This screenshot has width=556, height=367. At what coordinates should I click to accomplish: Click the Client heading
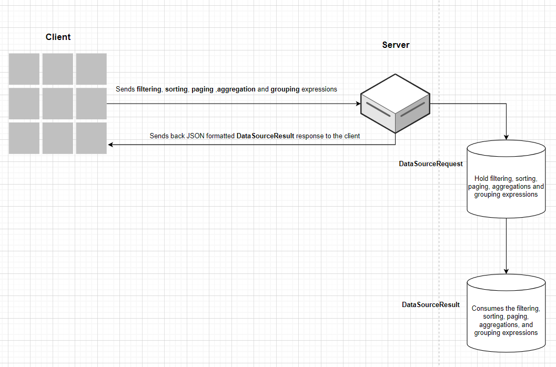(58, 37)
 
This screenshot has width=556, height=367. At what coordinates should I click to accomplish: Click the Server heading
(396, 45)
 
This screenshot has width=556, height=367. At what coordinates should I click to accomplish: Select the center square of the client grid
(58, 103)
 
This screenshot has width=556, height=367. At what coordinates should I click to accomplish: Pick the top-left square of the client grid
(24, 69)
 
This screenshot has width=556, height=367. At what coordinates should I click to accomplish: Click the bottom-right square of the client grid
(92, 138)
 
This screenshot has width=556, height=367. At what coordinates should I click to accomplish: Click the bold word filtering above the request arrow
(148, 89)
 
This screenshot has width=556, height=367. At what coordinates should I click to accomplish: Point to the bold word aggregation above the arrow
(236, 89)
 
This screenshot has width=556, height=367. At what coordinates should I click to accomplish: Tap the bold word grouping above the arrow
(285, 89)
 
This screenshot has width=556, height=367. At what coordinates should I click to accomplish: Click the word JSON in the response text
(195, 136)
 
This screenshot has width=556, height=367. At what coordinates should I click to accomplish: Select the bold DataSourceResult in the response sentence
(265, 136)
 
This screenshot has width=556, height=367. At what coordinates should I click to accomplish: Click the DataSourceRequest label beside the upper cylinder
(431, 164)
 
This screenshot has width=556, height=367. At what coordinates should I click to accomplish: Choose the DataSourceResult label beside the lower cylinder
(431, 305)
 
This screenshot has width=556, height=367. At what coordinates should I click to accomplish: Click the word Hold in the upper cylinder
(481, 179)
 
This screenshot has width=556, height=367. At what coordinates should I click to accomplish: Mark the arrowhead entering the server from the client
(358, 104)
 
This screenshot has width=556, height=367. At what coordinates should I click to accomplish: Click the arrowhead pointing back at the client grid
(110, 144)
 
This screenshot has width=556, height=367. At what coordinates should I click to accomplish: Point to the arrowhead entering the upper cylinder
(506, 137)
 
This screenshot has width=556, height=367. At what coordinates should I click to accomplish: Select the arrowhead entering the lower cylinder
(506, 271)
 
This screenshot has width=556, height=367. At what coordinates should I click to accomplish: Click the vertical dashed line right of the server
(439, 237)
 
